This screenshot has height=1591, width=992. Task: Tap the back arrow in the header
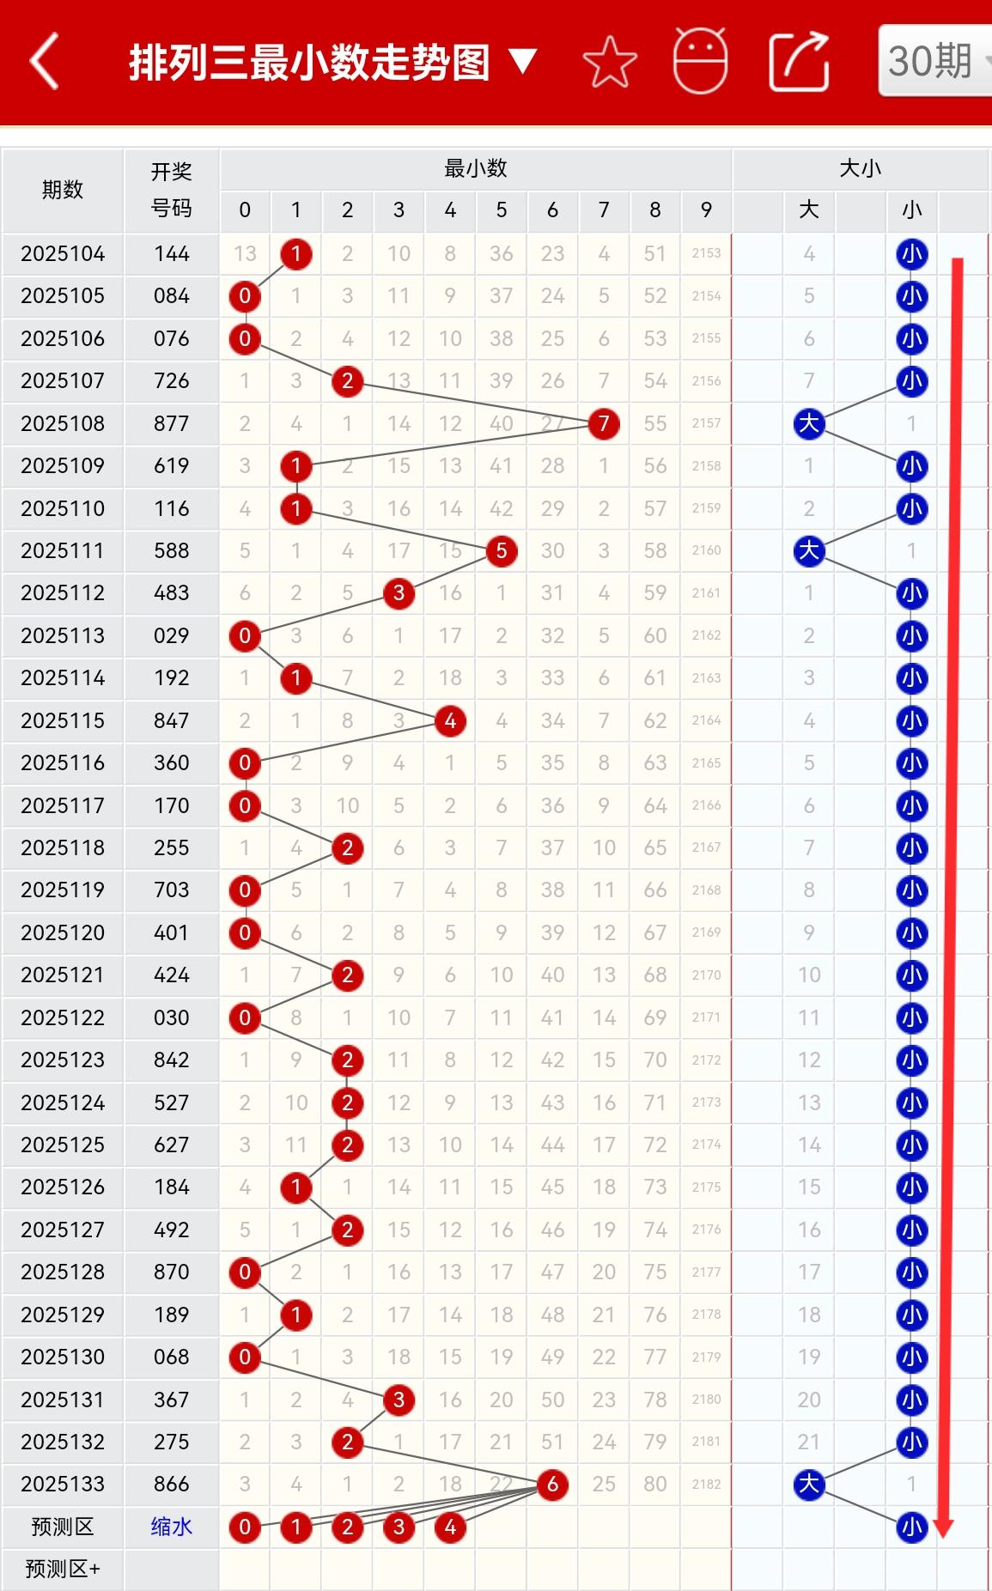(45, 61)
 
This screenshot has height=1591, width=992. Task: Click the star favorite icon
(609, 62)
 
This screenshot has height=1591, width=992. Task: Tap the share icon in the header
(799, 62)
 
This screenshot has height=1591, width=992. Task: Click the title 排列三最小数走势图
(309, 63)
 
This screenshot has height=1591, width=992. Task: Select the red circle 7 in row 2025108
(604, 423)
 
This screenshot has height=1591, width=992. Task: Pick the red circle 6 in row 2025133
(552, 1484)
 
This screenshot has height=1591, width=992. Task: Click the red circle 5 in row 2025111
(502, 550)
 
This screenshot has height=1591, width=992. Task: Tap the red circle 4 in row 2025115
(450, 720)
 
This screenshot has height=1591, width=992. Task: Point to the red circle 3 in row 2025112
(399, 592)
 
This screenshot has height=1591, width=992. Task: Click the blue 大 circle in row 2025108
(809, 423)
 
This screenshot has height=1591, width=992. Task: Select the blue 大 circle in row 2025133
(809, 1484)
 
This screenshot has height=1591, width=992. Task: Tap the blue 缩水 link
(171, 1526)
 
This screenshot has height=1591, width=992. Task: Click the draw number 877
(171, 423)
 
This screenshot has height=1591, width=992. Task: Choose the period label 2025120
(63, 932)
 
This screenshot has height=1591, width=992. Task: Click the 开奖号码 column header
(171, 190)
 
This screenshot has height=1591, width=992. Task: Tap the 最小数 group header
(475, 168)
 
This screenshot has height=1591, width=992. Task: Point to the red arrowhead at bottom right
(944, 1527)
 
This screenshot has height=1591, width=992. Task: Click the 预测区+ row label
(63, 1569)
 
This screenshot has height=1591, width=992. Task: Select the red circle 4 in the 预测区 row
(450, 1527)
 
